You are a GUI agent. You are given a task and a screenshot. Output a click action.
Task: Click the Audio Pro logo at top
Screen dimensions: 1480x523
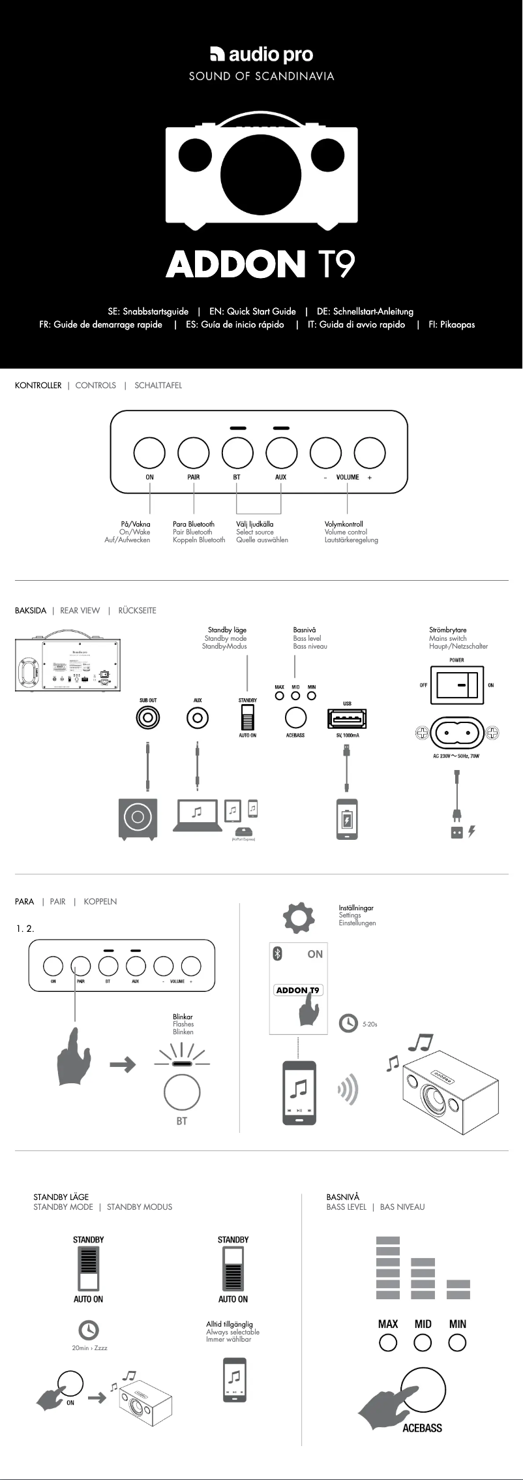[x=261, y=55]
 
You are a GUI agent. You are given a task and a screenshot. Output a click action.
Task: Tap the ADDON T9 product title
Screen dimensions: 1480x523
[x=260, y=264]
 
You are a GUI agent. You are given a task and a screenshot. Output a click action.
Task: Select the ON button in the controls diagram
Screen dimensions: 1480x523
[x=149, y=452]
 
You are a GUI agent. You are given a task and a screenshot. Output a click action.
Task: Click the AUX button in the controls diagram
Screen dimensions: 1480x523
[x=281, y=452]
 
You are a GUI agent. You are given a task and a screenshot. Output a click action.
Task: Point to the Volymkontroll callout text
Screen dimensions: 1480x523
[x=344, y=524]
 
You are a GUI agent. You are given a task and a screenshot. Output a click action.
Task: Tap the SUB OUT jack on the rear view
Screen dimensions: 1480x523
[x=148, y=718]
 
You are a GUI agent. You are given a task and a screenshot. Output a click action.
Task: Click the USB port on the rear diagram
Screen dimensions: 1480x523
[x=347, y=719]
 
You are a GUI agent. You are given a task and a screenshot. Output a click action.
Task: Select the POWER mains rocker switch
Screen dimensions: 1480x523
[x=456, y=685]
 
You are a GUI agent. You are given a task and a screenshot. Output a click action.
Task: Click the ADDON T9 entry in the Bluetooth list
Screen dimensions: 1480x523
[x=298, y=990]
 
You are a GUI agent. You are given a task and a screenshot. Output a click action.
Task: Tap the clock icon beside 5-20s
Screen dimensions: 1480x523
[x=348, y=1023]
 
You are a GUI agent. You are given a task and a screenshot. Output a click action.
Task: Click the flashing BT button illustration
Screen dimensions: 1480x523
[x=182, y=1092]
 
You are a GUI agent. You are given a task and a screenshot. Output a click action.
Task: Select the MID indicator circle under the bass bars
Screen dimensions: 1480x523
[x=423, y=1342]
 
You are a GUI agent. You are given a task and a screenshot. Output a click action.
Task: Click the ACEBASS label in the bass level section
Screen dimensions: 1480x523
[x=422, y=1428]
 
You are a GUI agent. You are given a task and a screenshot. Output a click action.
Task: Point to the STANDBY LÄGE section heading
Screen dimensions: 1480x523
[x=61, y=1197]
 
